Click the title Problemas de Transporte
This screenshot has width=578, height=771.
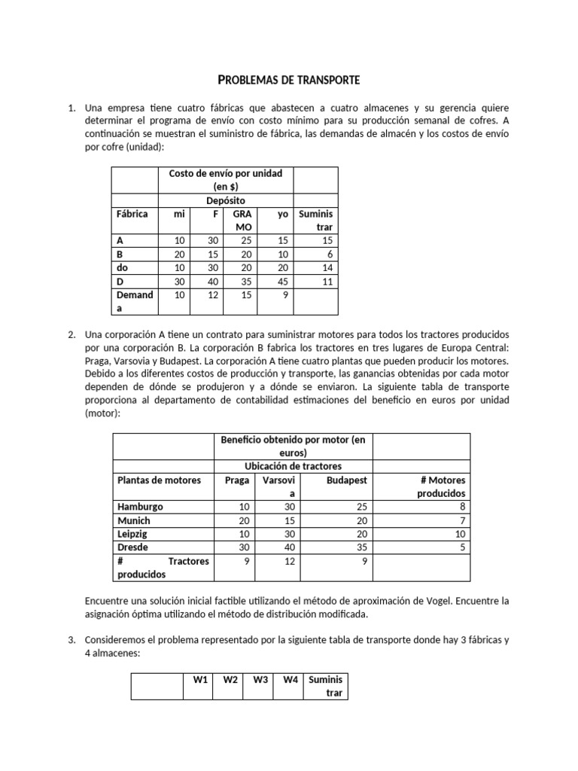(288, 79)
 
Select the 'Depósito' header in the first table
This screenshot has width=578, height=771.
(226, 200)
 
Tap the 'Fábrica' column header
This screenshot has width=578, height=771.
(132, 214)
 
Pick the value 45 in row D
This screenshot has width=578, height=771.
(282, 281)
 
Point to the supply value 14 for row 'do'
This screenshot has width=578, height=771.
(326, 267)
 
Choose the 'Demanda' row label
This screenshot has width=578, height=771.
(135, 301)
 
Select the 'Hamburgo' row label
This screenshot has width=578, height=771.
(140, 507)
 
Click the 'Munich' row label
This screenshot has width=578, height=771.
(134, 520)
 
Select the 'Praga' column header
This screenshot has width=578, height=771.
(236, 480)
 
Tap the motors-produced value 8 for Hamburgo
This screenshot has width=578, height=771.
(462, 507)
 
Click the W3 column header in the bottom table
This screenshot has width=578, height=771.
(260, 680)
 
